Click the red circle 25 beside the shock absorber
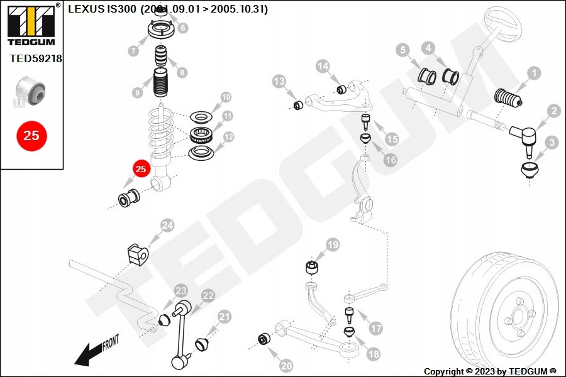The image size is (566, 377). [x=141, y=169]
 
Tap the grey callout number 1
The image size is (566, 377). [x=534, y=74]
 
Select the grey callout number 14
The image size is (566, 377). [x=323, y=66]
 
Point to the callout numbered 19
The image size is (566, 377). [x=333, y=245]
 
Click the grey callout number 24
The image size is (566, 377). [x=167, y=226]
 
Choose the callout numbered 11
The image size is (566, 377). [x=228, y=116]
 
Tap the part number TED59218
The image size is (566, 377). [x=36, y=58]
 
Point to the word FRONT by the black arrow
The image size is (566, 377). [x=111, y=342]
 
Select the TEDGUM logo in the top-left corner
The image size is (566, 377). [x=31, y=24]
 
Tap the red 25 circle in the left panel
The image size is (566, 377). [x=31, y=136]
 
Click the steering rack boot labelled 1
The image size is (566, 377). [x=508, y=99]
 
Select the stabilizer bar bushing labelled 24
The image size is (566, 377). [x=138, y=254]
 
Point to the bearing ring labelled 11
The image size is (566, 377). [x=202, y=135]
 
